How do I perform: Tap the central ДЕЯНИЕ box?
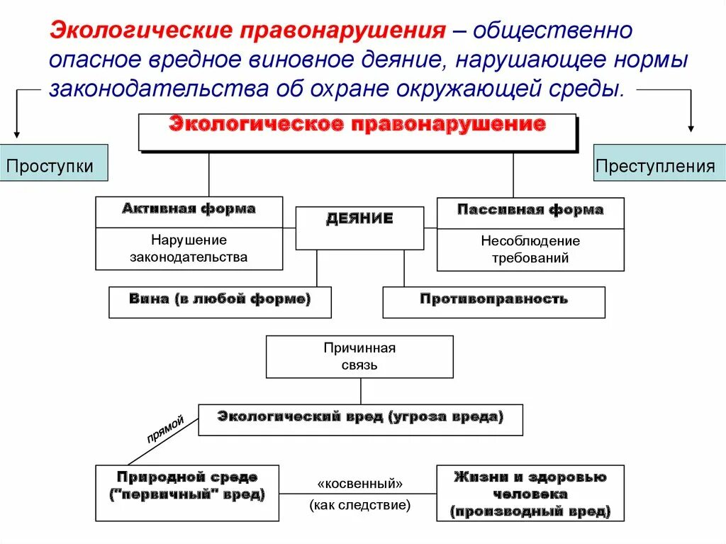click(359, 227)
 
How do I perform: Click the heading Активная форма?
click(189, 209)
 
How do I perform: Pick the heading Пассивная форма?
click(530, 210)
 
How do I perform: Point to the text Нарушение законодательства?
click(189, 248)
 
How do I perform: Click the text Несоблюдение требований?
click(530, 249)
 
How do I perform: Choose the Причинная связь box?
click(359, 357)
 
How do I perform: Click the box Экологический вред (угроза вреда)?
click(360, 418)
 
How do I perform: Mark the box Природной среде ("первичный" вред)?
click(187, 492)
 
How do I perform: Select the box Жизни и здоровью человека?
click(530, 492)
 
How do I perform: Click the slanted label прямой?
click(164, 429)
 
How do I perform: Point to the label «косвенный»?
click(359, 483)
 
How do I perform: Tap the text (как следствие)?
click(359, 506)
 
